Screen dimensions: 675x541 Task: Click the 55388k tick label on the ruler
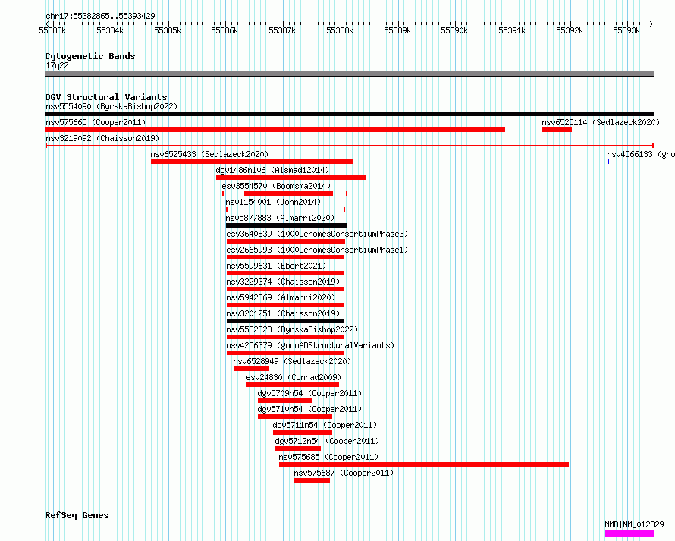pos(340,30)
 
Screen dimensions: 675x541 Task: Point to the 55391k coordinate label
pos(512,30)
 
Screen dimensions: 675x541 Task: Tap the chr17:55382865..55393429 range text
pos(100,16)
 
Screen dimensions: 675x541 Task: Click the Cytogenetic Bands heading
pos(90,56)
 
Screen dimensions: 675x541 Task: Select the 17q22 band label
pos(57,65)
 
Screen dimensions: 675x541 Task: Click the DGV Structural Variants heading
pos(106,97)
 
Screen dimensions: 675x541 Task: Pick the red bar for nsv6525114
pos(557,130)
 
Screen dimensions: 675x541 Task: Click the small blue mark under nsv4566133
pos(608,162)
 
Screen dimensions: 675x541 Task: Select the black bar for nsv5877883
pos(286,225)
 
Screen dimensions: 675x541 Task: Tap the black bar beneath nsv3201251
pos(285,321)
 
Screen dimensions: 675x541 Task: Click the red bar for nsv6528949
pos(251,369)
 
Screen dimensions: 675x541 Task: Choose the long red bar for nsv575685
pos(424,464)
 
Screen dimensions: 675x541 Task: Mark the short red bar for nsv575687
pos(312,480)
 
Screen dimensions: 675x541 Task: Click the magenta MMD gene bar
pos(629,533)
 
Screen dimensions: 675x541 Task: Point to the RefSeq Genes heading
pos(77,515)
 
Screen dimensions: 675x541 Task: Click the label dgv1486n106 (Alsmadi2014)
pos(272,170)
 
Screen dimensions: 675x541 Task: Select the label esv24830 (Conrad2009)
pos(294,377)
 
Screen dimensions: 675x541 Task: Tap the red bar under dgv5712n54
pos(298,448)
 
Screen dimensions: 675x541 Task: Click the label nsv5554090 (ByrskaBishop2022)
pos(111,106)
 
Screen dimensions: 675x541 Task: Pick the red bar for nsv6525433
pos(251,162)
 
